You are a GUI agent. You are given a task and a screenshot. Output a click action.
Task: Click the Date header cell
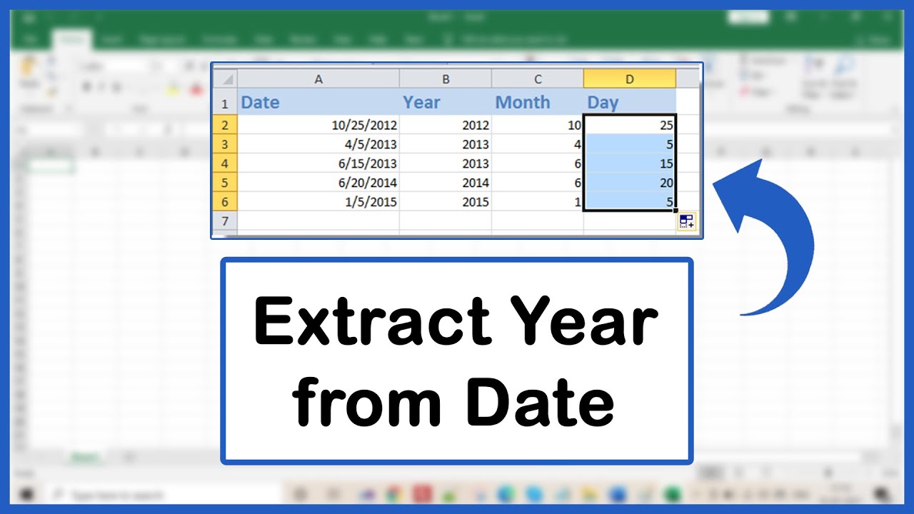[x=260, y=103]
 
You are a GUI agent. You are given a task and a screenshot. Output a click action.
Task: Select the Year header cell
[x=421, y=103]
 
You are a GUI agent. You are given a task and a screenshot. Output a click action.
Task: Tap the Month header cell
[x=523, y=103]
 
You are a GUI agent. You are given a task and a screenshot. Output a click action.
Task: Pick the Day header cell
[x=603, y=103]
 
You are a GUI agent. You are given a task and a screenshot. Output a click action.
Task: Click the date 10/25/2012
[x=364, y=125]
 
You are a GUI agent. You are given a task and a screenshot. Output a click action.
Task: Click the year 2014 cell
[x=475, y=183]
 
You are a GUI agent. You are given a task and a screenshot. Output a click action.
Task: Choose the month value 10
[x=574, y=125]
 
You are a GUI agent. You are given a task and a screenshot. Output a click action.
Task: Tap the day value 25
[x=666, y=125]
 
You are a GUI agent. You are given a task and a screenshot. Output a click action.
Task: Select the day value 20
[x=666, y=183]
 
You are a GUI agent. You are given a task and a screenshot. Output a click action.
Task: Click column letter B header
[x=446, y=79]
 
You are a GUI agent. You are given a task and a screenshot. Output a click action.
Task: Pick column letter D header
[x=629, y=79]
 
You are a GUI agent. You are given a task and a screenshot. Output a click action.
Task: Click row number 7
[x=224, y=221]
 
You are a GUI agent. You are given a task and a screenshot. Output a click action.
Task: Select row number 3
[x=224, y=144]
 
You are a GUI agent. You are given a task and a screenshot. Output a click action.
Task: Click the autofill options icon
[x=687, y=221]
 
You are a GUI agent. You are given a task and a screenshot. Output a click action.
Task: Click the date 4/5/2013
[x=371, y=144]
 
